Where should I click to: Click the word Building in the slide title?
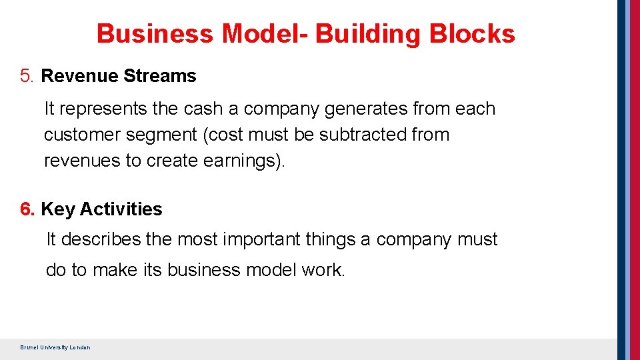click(x=368, y=34)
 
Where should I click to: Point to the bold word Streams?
click(x=159, y=76)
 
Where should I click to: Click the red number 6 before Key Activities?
click(x=27, y=209)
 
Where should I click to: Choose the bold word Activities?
click(x=121, y=209)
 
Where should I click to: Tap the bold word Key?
click(x=57, y=209)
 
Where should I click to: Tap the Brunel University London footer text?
click(x=55, y=347)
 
